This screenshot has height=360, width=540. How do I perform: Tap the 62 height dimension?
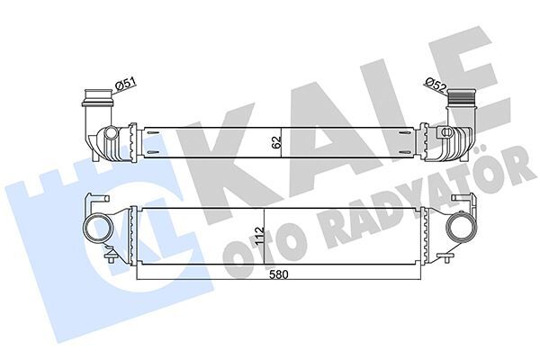coord(275,140)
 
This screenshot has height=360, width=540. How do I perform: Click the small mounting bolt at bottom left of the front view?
coord(110,264)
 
